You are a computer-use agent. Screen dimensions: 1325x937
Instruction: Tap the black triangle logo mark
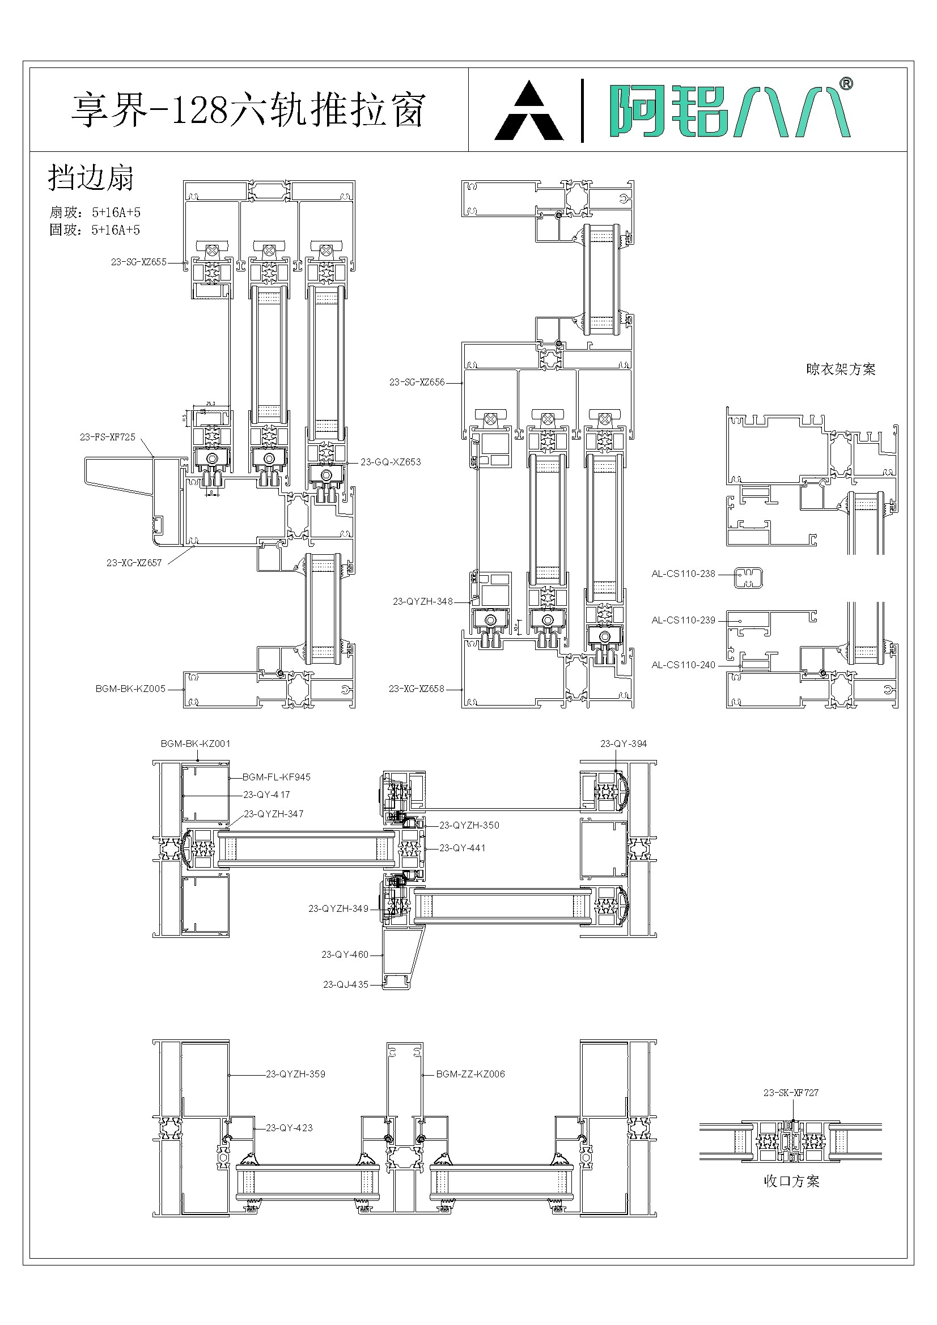(529, 113)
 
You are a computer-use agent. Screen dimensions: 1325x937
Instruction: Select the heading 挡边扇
(91, 177)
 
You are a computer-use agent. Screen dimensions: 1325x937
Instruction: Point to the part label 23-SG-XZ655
(138, 262)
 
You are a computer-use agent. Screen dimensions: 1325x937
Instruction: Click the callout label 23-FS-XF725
(107, 437)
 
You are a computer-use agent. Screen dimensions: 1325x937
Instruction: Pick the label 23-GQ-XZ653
(391, 462)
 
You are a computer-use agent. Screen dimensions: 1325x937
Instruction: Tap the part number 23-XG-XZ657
(134, 563)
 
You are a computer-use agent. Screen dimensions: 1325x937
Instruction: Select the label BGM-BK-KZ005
(130, 689)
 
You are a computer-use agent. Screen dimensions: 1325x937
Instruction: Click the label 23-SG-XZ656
(417, 382)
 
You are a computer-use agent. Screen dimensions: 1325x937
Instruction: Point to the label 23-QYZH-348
(423, 601)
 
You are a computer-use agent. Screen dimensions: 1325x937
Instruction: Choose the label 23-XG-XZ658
(416, 689)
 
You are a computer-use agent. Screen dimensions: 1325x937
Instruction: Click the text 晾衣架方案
(841, 370)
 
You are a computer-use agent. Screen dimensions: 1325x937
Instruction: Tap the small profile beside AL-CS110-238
(748, 577)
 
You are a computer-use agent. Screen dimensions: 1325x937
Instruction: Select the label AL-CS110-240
(683, 665)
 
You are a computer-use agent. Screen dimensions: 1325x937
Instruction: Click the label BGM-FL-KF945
(276, 778)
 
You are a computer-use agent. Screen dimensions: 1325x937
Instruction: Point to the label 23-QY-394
(624, 744)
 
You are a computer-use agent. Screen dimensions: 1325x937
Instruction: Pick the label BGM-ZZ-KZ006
(470, 1074)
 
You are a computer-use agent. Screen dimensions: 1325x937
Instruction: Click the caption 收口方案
(791, 1181)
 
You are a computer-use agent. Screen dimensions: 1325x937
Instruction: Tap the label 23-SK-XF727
(791, 1093)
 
